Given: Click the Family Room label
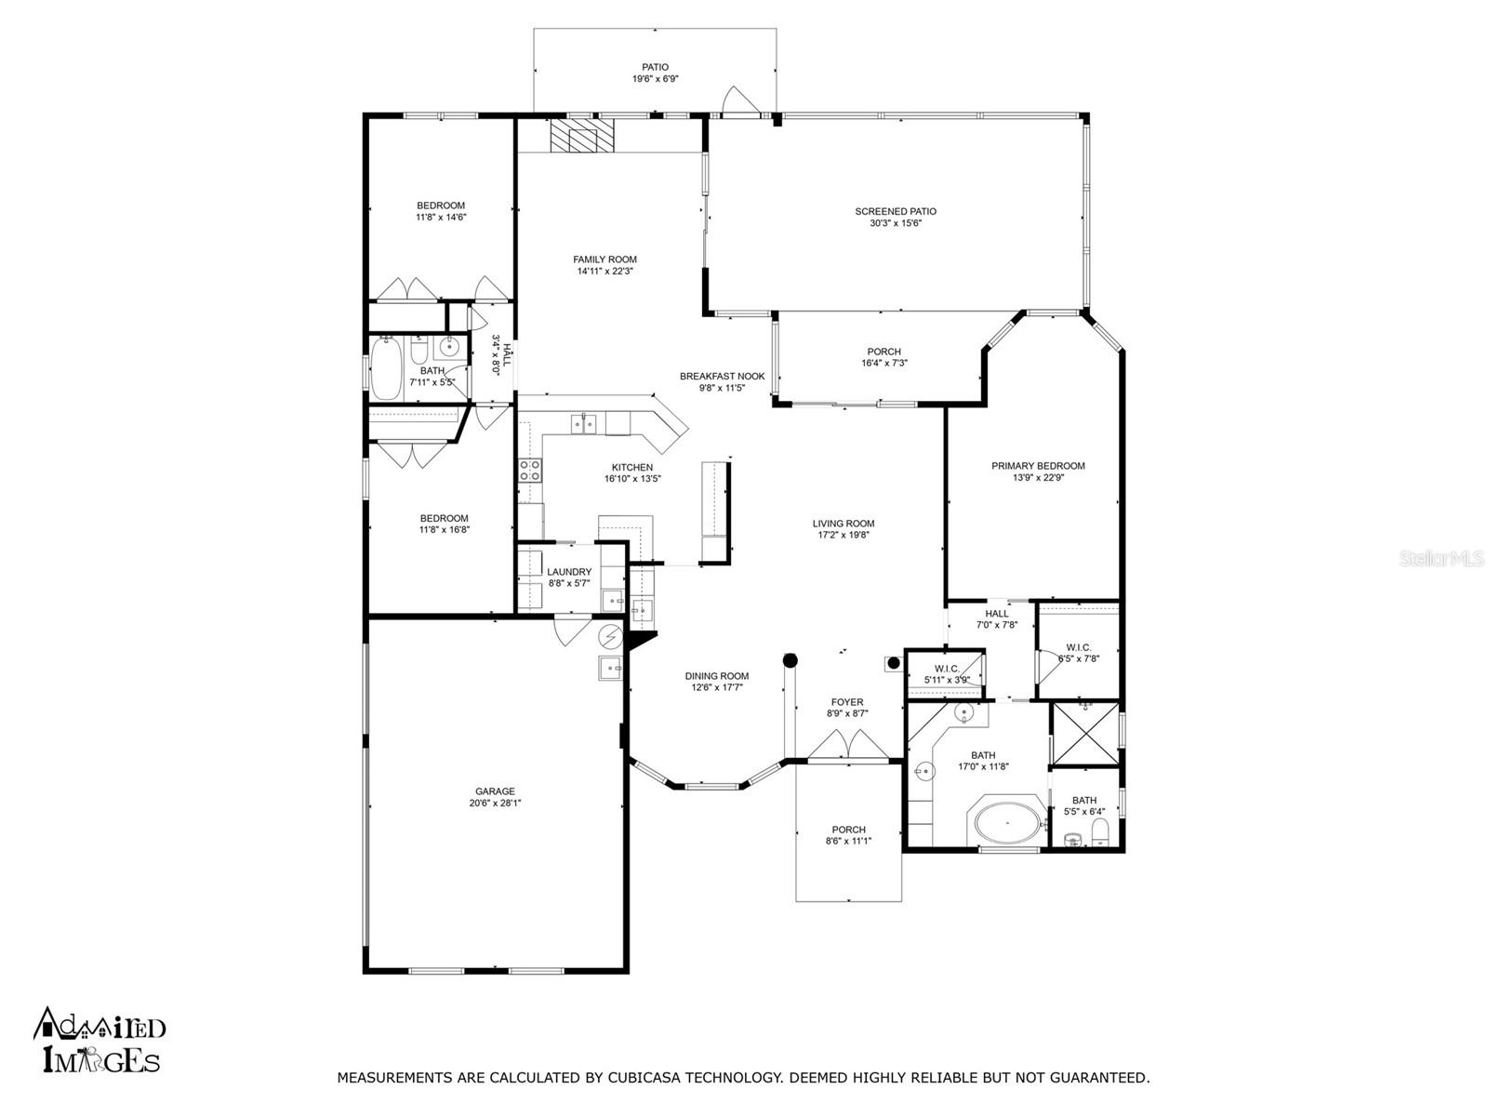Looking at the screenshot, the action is tap(604, 259).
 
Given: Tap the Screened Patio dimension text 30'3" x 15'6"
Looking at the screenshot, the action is tap(896, 223).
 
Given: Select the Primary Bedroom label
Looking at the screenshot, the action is tap(1038, 466).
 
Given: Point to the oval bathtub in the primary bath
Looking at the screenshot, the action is tap(1006, 823).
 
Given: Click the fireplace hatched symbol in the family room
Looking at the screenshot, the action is tap(581, 136).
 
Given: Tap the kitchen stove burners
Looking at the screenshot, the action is tap(530, 471).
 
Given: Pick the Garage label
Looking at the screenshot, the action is tap(495, 791).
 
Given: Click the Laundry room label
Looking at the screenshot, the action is tap(569, 572).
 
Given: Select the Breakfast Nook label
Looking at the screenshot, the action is tap(722, 376).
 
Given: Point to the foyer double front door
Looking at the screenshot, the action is tap(847, 745).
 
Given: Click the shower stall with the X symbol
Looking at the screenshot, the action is tap(1083, 734).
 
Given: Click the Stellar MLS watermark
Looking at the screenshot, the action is tap(1441, 559).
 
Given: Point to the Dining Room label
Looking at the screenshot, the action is tap(716, 675).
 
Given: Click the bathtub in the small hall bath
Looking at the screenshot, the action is tap(386, 368).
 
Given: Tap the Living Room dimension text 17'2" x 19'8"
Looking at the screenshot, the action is tap(844, 535).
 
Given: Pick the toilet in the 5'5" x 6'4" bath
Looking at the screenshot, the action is tap(1100, 832).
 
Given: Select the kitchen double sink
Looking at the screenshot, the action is tap(583, 423).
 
